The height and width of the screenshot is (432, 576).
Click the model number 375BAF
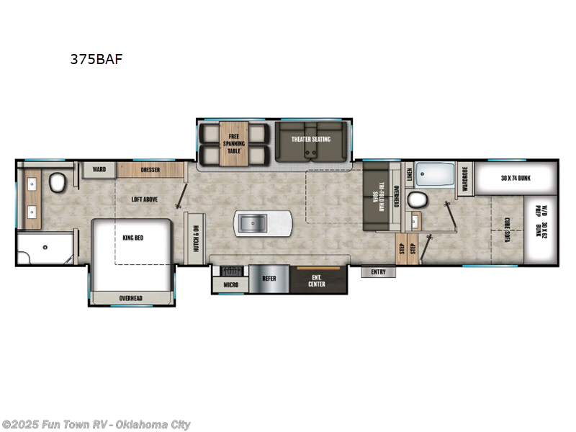tap(96, 60)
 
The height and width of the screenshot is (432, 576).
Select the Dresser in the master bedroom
tap(150, 170)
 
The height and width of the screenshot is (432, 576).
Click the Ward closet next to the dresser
tap(99, 170)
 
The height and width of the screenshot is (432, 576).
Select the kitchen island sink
tap(253, 224)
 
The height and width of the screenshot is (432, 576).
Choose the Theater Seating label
tap(310, 139)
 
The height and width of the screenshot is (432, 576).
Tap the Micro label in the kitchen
tap(230, 285)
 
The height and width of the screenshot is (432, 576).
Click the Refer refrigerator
tap(269, 279)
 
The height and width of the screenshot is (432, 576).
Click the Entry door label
tap(379, 272)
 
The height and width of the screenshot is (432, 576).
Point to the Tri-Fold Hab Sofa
tap(374, 194)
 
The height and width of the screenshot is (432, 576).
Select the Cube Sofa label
tap(507, 230)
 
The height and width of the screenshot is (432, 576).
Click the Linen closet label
tap(408, 173)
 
